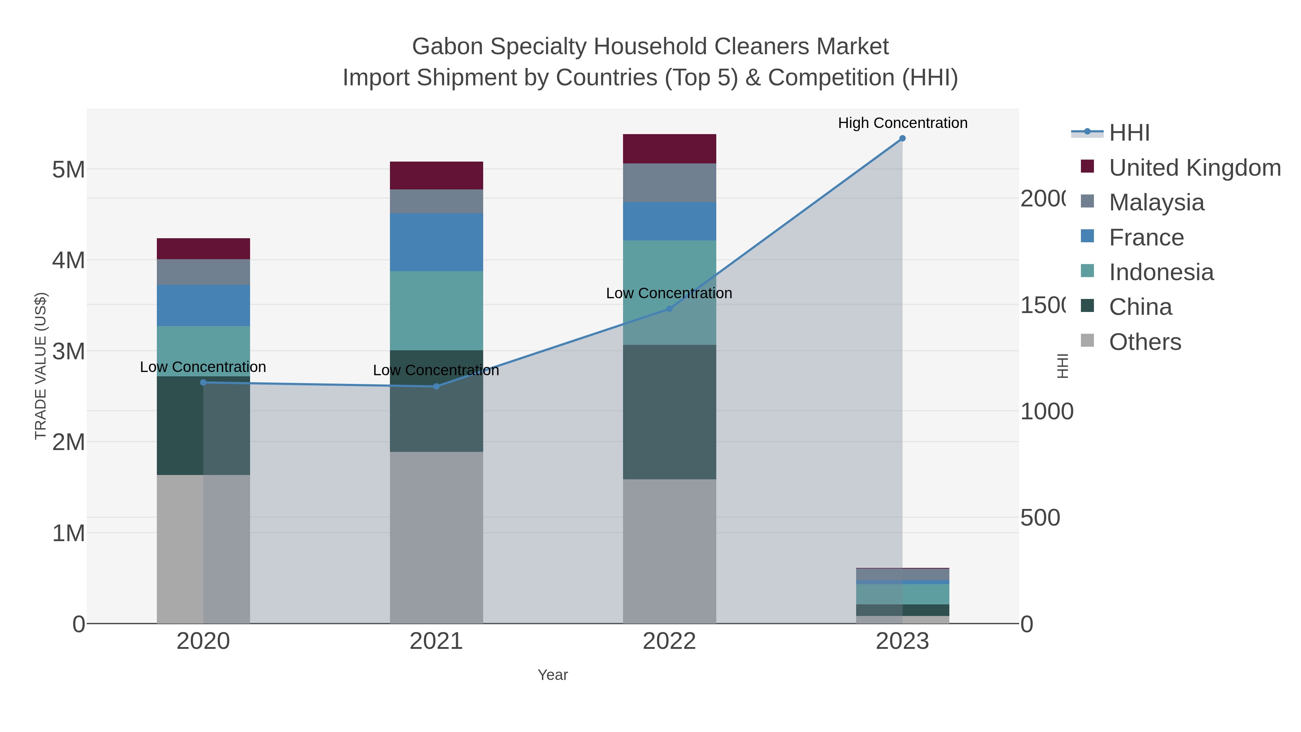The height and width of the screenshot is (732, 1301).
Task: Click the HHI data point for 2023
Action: [902, 138]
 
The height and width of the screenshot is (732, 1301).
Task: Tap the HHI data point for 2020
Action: [203, 382]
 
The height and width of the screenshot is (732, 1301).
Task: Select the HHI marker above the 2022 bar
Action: [670, 309]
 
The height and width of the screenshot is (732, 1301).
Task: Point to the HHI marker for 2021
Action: [436, 386]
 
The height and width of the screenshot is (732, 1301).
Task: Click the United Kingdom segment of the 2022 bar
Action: [669, 149]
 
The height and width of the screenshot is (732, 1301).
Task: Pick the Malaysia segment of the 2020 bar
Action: [203, 272]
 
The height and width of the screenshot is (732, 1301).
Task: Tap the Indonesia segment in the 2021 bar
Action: [436, 310]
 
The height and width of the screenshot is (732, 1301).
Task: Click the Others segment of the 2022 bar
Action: [669, 551]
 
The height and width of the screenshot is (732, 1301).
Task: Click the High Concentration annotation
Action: [902, 123]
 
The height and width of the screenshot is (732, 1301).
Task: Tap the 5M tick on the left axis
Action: [69, 170]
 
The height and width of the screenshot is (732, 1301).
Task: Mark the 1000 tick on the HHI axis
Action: [1047, 412]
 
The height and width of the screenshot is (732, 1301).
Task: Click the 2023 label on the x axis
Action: [902, 642]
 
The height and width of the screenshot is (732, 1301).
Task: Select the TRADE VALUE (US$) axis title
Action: [40, 366]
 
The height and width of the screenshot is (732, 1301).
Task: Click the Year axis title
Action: [553, 675]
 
